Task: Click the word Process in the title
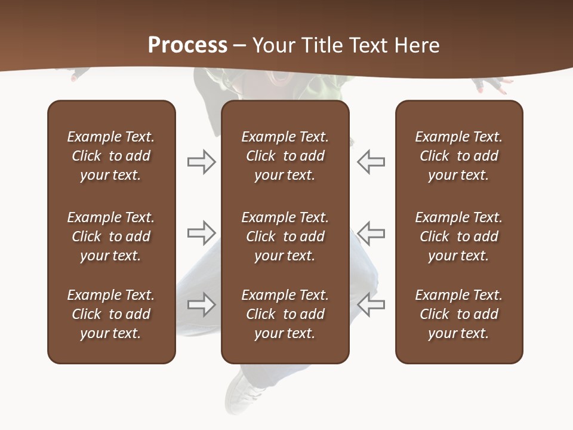point(187,45)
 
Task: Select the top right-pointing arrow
point(201,162)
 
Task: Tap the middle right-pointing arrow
point(201,233)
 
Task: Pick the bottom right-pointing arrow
point(201,305)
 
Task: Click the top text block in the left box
point(111,156)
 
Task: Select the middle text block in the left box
point(111,236)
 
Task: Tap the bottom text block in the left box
point(111,314)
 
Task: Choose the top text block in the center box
point(285,156)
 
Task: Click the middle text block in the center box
point(285,236)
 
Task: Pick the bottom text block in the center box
point(285,314)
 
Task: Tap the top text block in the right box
point(458,156)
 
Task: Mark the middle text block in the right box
point(458,236)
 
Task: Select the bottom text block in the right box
point(458,314)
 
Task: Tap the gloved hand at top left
point(78,75)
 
